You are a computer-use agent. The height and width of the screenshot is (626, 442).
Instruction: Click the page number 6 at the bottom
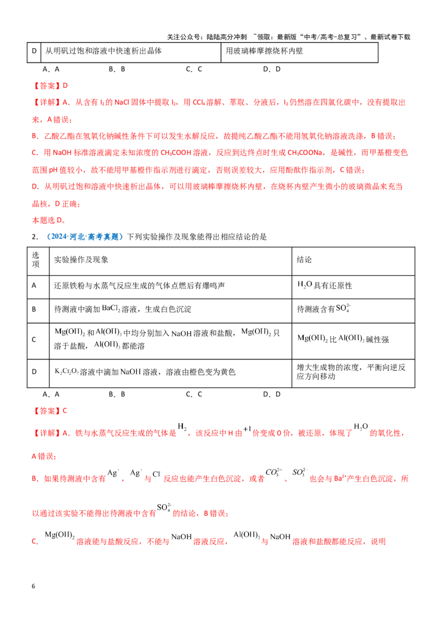tap(33, 586)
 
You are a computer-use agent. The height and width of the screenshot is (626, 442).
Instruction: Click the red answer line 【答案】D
tap(50, 85)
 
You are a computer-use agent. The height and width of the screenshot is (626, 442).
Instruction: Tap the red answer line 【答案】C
tap(50, 411)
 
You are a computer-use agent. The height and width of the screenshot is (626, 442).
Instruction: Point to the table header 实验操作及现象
tap(81, 260)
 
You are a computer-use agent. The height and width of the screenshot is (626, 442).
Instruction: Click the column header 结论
tap(304, 260)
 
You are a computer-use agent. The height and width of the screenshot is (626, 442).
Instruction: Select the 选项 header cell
tap(35, 260)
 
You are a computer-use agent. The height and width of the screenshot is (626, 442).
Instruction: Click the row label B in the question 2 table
tap(34, 309)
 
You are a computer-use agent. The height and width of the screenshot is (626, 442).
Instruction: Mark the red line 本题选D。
tap(49, 221)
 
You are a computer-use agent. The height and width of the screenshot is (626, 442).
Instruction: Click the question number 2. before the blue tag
tap(35, 237)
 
